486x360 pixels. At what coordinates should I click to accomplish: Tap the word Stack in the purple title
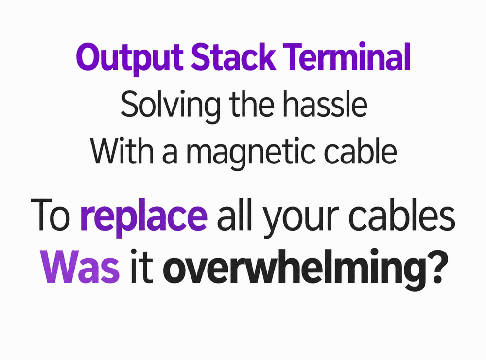point(233,57)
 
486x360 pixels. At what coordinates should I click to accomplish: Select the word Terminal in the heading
point(347,57)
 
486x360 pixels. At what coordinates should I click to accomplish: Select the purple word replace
point(144,217)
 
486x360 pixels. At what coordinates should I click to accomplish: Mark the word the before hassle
point(252,104)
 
